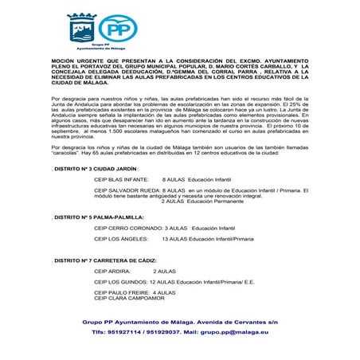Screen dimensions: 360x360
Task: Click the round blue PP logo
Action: (x=120, y=31)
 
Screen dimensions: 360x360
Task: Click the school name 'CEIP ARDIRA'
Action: (x=112, y=272)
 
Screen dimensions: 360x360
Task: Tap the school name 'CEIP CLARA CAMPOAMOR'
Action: (x=127, y=298)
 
